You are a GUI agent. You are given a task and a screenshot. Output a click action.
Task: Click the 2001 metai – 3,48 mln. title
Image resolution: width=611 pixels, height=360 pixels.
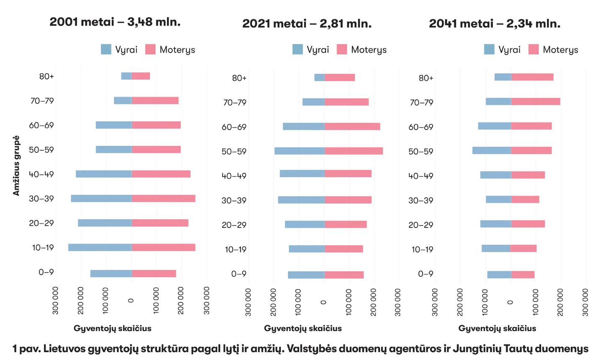click(x=115, y=22)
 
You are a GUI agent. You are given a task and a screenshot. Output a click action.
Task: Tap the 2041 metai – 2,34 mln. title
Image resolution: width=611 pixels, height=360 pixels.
click(x=495, y=23)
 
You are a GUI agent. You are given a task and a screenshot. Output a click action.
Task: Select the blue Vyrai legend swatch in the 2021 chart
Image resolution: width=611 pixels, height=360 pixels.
click(x=298, y=49)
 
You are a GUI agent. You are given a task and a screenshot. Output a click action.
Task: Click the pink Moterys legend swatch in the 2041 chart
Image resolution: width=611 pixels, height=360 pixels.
click(x=534, y=49)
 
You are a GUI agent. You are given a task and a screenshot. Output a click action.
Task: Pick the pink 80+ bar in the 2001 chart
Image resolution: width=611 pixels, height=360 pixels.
click(x=141, y=76)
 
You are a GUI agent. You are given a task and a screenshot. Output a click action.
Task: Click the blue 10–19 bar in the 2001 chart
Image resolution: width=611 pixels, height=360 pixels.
click(x=100, y=247)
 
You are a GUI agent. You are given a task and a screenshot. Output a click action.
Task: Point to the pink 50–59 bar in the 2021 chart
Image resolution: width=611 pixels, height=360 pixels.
click(x=354, y=151)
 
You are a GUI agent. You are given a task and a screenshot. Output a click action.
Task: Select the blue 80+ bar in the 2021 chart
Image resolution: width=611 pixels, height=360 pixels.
click(x=319, y=77)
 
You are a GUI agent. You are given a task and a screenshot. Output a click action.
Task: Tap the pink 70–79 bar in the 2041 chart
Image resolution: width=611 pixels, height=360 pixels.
click(x=535, y=102)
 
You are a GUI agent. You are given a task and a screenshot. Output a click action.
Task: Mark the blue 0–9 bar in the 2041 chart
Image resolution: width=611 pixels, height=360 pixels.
click(x=499, y=275)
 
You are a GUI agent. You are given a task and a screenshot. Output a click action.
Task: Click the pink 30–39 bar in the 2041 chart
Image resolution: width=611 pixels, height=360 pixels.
click(x=525, y=200)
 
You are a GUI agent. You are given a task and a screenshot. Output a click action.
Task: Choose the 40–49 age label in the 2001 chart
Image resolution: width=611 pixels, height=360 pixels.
click(x=41, y=174)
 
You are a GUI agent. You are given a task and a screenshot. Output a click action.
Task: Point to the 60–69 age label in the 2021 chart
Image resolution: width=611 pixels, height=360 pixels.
click(x=234, y=127)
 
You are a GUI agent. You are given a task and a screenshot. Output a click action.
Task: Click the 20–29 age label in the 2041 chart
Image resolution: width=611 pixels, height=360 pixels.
click(x=421, y=225)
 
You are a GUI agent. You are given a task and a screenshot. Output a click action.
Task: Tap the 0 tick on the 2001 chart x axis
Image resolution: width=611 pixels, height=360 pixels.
click(x=131, y=301)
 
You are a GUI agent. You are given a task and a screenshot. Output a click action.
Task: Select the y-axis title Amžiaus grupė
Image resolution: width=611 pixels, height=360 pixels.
click(x=16, y=166)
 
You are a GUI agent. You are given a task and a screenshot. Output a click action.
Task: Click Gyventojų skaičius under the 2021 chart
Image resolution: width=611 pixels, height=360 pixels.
click(x=303, y=328)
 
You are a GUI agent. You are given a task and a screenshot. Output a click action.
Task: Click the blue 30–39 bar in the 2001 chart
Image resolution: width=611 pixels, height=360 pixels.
click(x=101, y=198)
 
